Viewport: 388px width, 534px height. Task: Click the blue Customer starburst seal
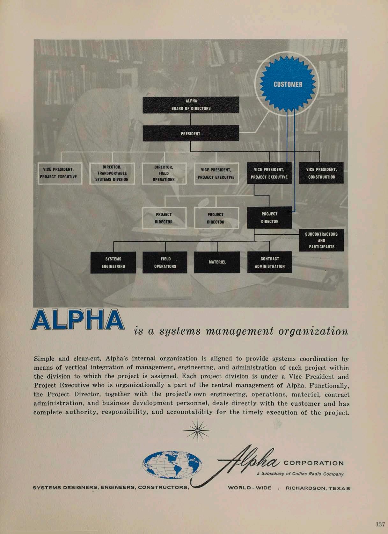tap(288, 84)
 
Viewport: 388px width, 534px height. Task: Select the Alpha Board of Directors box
tap(191, 105)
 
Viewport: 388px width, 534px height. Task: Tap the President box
tap(191, 133)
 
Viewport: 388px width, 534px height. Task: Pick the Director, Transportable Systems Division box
tap(112, 173)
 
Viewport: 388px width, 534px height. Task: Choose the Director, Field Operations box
tap(164, 173)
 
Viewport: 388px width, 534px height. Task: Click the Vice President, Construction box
tap(321, 173)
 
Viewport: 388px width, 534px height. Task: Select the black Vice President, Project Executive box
tap(269, 173)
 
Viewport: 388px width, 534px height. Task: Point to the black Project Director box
tap(269, 217)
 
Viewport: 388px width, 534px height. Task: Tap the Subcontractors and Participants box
tap(321, 240)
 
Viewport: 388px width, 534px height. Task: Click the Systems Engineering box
tap(113, 262)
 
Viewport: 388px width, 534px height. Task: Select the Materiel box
tap(217, 262)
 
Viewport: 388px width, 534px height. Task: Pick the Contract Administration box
tap(269, 262)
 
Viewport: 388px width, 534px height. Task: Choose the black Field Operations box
tap(165, 262)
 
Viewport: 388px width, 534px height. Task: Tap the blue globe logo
tap(172, 465)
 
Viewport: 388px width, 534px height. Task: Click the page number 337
tap(380, 524)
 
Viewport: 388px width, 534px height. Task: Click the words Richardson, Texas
tap(318, 488)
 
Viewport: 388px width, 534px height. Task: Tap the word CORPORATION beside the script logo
tap(313, 463)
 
